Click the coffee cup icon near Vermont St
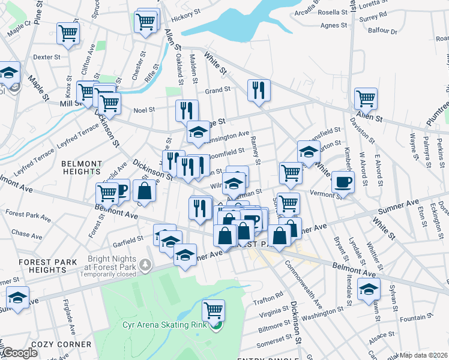(343, 181)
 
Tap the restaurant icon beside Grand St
(259, 90)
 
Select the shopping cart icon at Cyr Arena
(213, 310)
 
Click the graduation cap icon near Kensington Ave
(197, 132)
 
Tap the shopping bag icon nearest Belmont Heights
(144, 191)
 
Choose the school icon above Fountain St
(369, 289)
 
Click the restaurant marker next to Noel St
(187, 110)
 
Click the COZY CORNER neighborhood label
(63, 344)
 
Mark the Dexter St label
(47, 58)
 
